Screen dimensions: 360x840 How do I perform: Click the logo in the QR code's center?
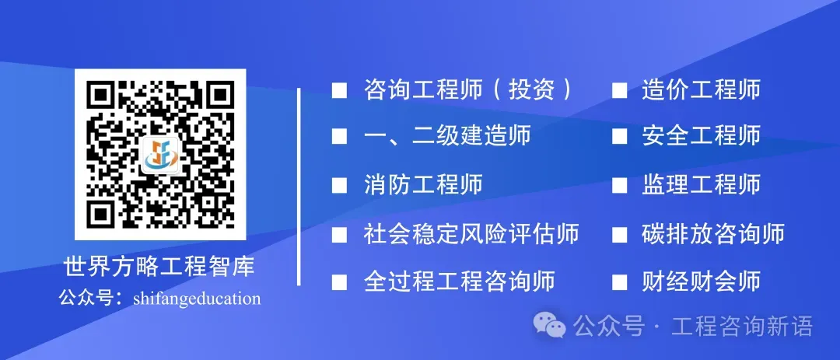160,155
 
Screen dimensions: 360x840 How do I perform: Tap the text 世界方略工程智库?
159,268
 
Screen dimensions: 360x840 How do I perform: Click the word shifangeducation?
197,299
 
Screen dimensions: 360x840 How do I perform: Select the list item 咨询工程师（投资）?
469,90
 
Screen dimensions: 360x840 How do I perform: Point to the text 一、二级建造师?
447,136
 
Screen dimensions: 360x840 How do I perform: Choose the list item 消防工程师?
423,184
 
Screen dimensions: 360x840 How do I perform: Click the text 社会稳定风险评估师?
471,233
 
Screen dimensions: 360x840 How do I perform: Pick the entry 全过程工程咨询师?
460,281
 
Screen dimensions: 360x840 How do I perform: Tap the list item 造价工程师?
701,90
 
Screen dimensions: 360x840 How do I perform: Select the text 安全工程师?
701,136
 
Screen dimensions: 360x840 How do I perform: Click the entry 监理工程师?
701,184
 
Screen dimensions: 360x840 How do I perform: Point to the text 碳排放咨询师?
713,233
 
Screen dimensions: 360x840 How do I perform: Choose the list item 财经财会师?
701,281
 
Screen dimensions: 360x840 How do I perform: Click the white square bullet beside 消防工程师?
339,186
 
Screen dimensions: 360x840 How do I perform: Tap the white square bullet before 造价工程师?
619,91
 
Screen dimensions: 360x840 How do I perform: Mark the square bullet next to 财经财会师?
619,281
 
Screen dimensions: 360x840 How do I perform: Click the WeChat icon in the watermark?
555,327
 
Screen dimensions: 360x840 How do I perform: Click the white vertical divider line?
299,187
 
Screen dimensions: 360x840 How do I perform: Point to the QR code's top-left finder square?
98,94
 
